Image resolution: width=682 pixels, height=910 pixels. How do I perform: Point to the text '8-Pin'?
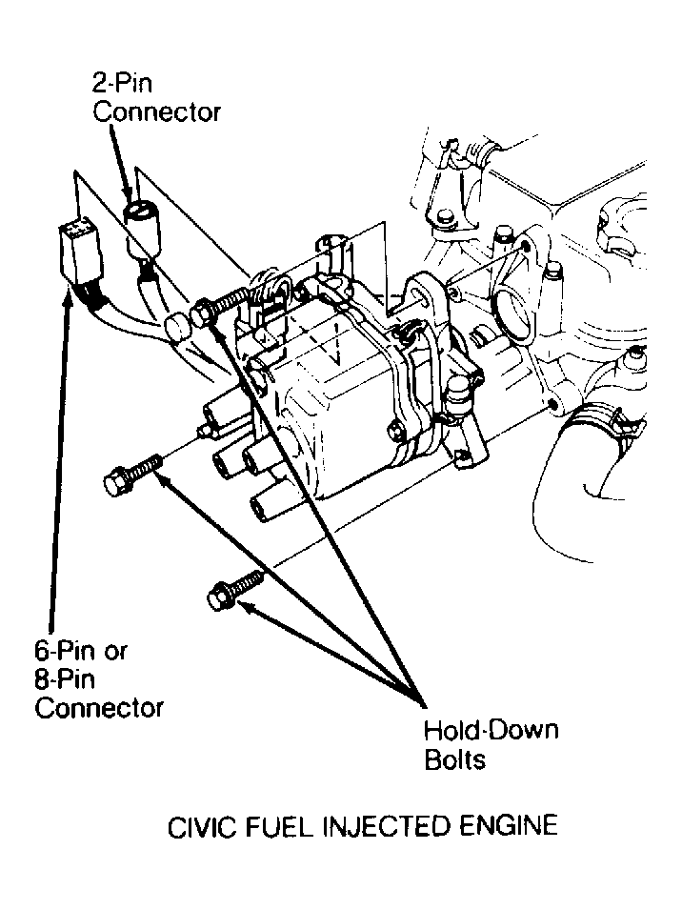(66, 679)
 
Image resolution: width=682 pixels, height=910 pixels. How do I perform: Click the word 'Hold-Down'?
(491, 732)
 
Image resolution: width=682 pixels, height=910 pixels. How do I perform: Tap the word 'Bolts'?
(455, 759)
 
